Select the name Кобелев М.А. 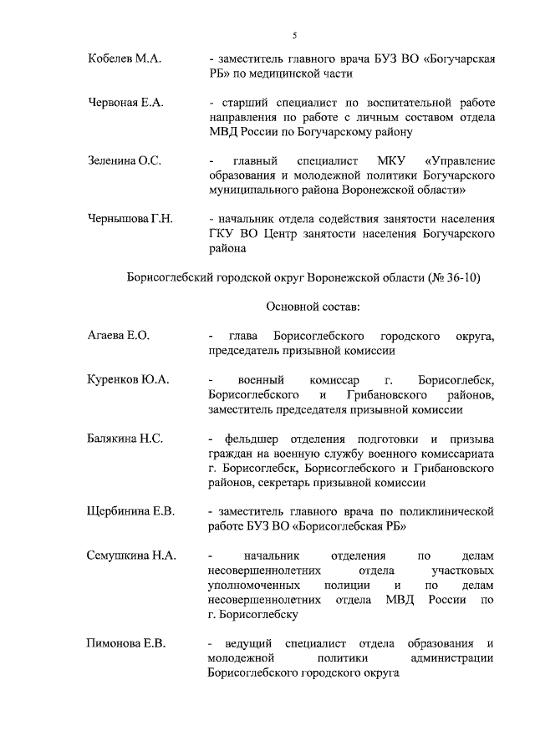(124, 59)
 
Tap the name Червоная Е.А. (125, 103)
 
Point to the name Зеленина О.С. (125, 160)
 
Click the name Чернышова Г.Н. (130, 219)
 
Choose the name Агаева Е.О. (119, 336)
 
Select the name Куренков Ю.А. (128, 379)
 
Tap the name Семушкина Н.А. (131, 555)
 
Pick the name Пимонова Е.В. (127, 642)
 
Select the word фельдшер (253, 439)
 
